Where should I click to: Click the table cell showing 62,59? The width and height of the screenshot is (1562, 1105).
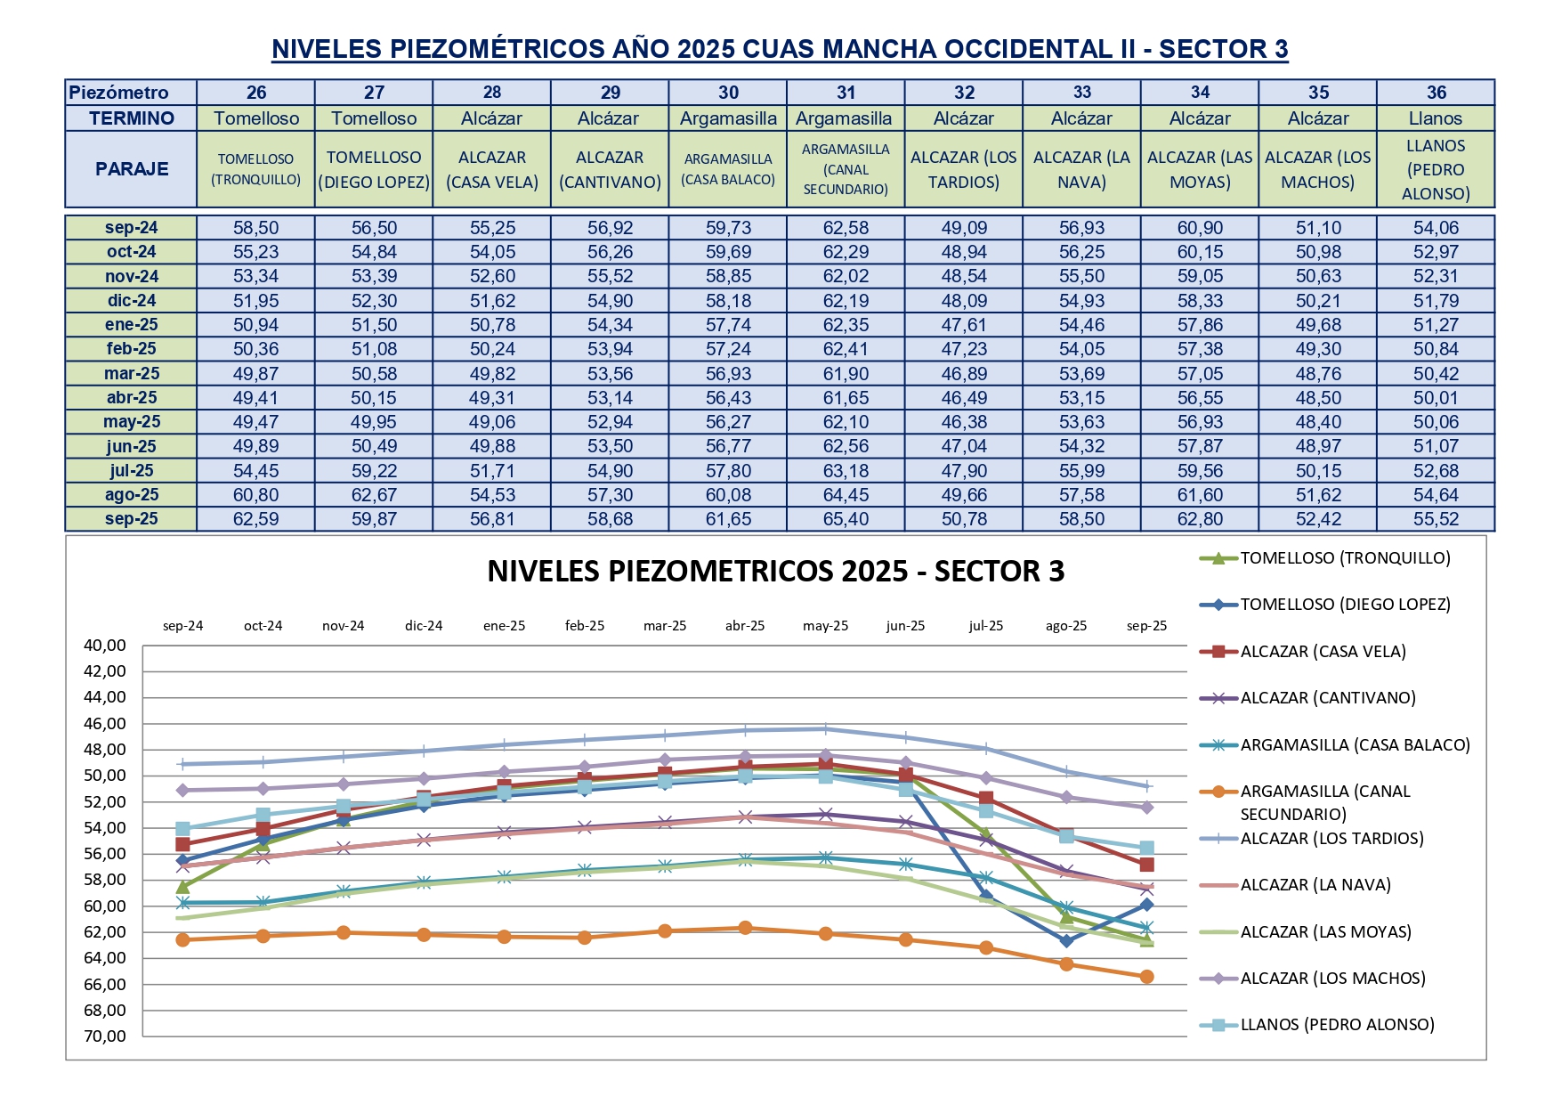click(255, 519)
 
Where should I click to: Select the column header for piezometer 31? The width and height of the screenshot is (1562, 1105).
click(846, 93)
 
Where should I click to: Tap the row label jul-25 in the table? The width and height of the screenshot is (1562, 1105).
click(132, 471)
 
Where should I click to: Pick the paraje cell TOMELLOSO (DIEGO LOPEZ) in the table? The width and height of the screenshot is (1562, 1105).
click(374, 169)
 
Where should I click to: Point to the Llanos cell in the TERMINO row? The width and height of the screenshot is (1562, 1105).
click(1435, 118)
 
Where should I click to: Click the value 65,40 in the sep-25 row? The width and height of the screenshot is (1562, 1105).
click(846, 519)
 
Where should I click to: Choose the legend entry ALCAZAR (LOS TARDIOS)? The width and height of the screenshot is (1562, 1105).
click(1331, 839)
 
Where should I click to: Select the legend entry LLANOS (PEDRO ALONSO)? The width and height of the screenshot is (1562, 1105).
click(1337, 1025)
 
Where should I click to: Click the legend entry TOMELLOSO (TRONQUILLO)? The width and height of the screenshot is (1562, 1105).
click(1345, 558)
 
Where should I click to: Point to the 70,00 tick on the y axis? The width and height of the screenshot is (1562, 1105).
click(105, 1036)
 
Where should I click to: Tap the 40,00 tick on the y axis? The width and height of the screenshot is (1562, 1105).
click(105, 646)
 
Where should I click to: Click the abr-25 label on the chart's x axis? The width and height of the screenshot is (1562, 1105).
click(745, 626)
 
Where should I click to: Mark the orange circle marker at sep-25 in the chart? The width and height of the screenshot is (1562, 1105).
click(1146, 977)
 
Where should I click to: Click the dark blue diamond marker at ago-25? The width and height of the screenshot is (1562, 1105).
click(1066, 940)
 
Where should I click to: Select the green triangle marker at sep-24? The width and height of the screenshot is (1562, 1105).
click(183, 887)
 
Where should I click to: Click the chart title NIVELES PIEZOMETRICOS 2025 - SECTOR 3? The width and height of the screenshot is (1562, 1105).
click(775, 572)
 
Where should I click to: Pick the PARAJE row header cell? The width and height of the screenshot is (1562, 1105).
click(132, 169)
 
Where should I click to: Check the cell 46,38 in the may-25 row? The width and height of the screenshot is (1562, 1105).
click(964, 422)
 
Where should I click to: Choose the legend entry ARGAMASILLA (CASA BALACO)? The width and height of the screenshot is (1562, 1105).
click(1355, 745)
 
